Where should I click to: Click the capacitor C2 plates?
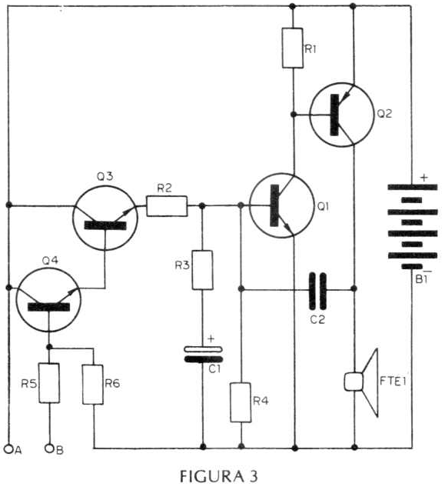(x=317, y=291)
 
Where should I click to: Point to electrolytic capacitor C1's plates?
(x=204, y=355)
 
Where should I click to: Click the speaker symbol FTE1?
(x=362, y=382)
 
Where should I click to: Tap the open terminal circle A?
(x=8, y=449)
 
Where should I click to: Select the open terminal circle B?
(x=49, y=448)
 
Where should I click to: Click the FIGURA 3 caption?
(x=219, y=476)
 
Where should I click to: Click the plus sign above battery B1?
(x=423, y=178)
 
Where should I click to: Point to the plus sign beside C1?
(x=211, y=338)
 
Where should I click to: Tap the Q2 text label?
(x=384, y=114)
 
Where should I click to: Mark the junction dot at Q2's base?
(x=294, y=115)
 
